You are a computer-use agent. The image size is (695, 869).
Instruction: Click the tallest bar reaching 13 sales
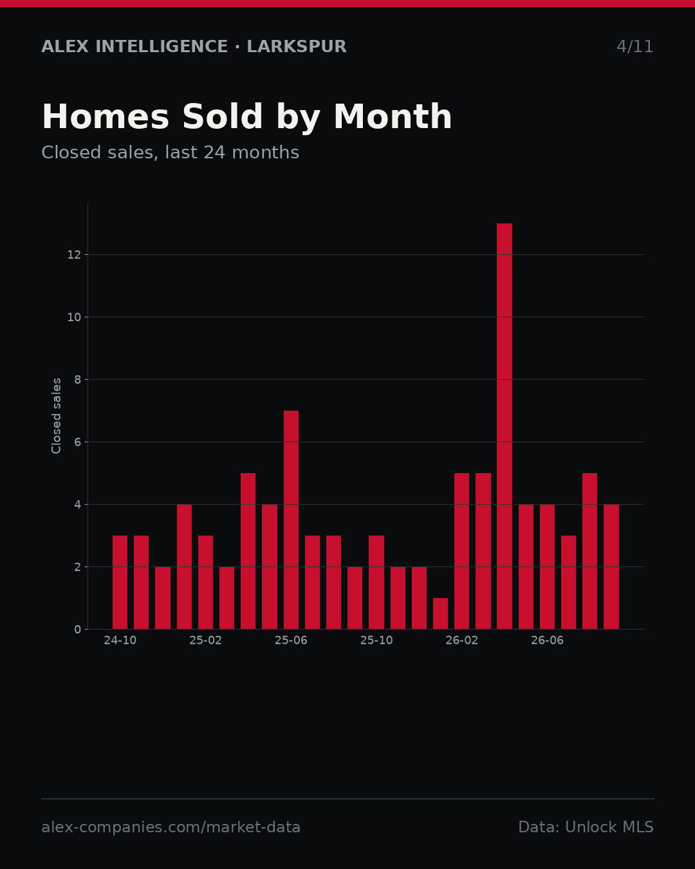[x=505, y=426]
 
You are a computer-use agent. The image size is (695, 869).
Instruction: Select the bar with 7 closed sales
[x=291, y=519]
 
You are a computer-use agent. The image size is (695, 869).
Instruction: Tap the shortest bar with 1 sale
[x=440, y=613]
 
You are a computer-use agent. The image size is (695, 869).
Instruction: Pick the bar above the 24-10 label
[x=120, y=583]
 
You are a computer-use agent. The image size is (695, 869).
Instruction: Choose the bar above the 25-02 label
[x=205, y=583]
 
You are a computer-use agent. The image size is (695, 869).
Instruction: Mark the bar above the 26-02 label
[x=461, y=551]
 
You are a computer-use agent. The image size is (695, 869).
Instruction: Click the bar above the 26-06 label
[x=547, y=566]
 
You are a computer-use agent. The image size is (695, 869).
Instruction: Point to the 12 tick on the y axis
[x=74, y=255]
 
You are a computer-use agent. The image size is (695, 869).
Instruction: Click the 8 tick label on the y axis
[x=77, y=380]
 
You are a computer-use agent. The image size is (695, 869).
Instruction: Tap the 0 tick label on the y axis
[x=77, y=629]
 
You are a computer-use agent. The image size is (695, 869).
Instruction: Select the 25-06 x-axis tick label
[x=291, y=640]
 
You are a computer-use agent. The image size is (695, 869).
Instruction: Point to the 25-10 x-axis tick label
[x=376, y=640]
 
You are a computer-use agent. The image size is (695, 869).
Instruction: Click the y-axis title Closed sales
[x=56, y=416]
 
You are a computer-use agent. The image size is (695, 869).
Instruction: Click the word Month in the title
[x=393, y=117]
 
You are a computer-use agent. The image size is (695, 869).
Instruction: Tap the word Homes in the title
[x=106, y=117]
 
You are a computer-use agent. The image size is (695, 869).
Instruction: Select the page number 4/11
[x=635, y=46]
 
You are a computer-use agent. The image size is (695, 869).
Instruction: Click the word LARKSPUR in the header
[x=297, y=46]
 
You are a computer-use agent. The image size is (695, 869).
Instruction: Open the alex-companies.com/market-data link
[x=171, y=827]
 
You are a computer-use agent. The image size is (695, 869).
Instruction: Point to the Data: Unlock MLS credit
[x=586, y=827]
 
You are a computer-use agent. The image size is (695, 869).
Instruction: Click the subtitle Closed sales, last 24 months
[x=171, y=153]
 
